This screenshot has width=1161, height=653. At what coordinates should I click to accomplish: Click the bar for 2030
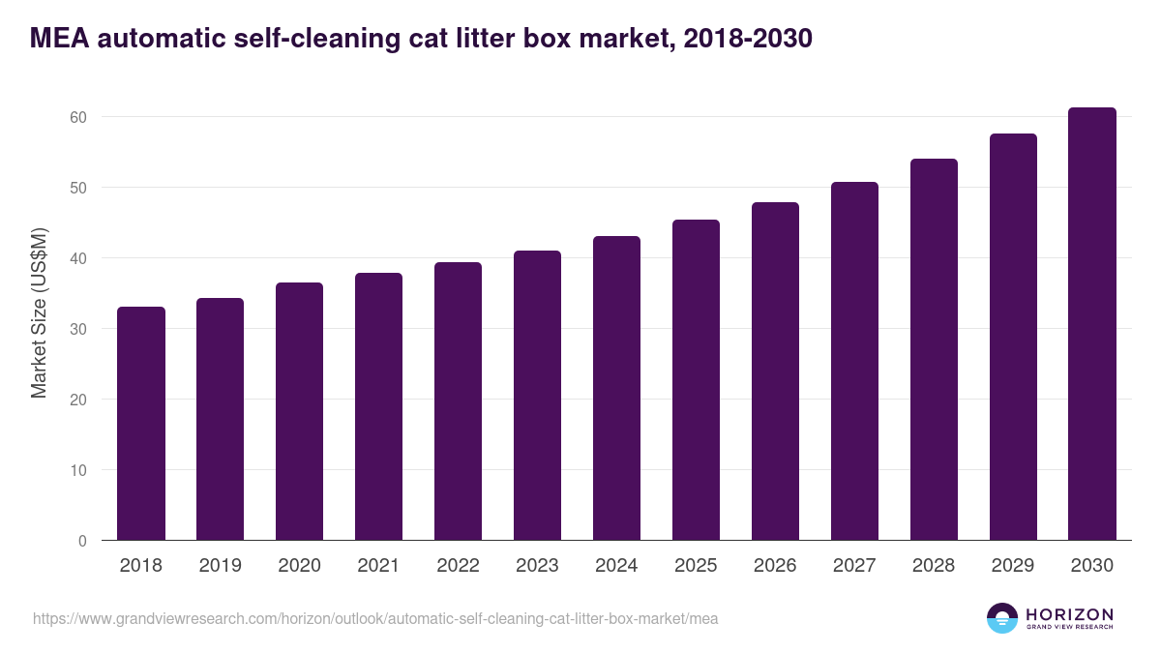(x=1092, y=324)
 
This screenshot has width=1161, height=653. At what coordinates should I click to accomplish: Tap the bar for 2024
(x=616, y=388)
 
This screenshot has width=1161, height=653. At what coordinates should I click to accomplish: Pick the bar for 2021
(x=378, y=406)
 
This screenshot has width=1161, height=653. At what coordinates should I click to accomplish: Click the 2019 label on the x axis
(x=221, y=566)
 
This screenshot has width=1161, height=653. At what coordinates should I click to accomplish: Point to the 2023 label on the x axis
(x=537, y=566)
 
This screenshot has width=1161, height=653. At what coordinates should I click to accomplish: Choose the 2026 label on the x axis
(x=775, y=566)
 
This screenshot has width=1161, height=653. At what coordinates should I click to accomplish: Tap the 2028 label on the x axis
(x=934, y=566)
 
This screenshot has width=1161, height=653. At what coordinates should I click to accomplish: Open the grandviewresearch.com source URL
(x=375, y=618)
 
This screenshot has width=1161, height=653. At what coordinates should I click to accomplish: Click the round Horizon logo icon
(x=1002, y=618)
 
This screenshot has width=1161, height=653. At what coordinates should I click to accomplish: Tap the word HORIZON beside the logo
(x=1069, y=614)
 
